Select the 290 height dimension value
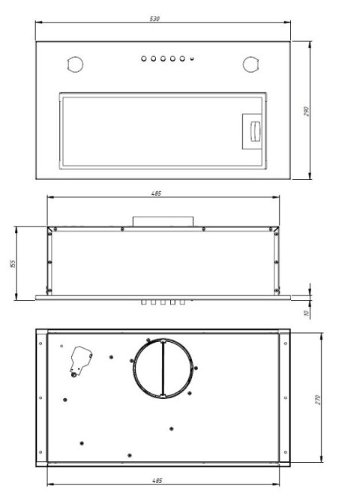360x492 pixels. [x=307, y=111]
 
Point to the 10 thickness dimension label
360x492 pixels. [x=307, y=312]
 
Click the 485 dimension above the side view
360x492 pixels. [x=156, y=193]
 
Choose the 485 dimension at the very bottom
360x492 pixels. [x=157, y=480]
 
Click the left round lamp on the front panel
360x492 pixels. [x=73, y=64]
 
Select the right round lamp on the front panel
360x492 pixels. [x=250, y=64]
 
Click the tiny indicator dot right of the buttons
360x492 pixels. [x=192, y=58]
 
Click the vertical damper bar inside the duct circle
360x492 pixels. [x=161, y=367]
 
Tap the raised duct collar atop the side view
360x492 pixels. [x=163, y=221]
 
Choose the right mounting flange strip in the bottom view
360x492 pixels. [x=285, y=396]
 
